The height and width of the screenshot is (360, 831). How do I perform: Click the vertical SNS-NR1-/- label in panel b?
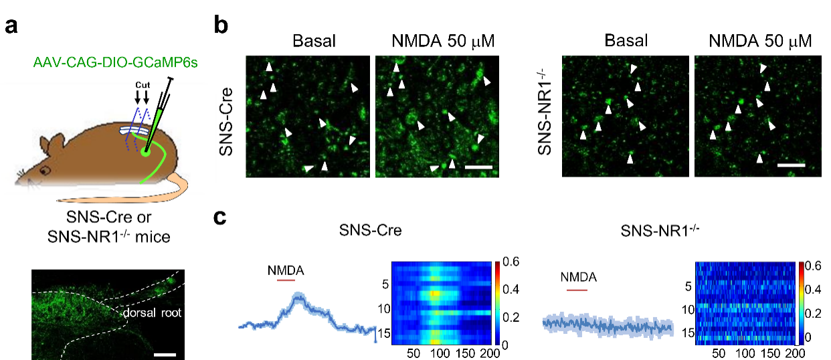tap(546, 111)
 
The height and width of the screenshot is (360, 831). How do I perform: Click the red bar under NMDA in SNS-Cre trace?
tap(286, 280)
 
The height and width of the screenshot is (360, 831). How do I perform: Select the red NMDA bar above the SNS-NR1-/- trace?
tap(577, 290)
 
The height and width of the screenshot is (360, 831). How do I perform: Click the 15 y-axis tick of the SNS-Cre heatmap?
tap(382, 331)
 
